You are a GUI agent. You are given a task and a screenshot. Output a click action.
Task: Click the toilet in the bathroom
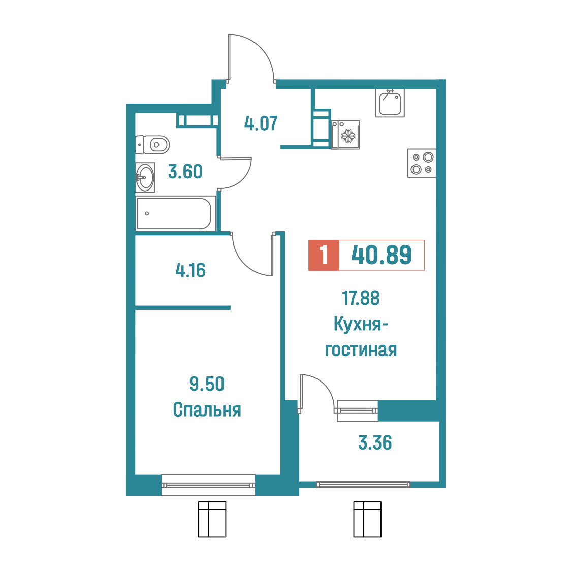tap(152, 145)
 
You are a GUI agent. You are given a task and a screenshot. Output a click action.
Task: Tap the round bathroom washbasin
tap(145, 177)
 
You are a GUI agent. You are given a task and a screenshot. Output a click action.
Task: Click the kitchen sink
tap(390, 103)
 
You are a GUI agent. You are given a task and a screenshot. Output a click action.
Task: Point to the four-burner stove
tap(422, 163)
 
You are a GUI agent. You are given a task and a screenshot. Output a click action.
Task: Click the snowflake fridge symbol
tap(348, 136)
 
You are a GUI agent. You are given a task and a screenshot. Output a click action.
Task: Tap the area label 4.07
tap(261, 123)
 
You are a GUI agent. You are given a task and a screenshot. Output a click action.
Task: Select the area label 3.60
tap(185, 172)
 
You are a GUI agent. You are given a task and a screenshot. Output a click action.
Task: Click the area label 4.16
tap(191, 271)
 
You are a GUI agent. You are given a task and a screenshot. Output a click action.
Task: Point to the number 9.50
tap(207, 384)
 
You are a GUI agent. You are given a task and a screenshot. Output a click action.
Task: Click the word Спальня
tap(207, 410)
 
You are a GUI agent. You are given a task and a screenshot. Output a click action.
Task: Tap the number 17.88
tap(361, 298)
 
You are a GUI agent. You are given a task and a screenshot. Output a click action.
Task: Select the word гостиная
tap(361, 350)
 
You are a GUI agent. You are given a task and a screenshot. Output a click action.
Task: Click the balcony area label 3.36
tap(375, 443)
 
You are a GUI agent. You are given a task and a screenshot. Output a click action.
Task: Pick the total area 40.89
tap(382, 255)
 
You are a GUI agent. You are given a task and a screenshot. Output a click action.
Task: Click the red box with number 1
tap(324, 255)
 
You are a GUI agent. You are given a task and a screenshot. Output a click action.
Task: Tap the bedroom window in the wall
tap(208, 485)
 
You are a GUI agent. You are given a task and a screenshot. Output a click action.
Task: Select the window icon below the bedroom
tap(212, 519)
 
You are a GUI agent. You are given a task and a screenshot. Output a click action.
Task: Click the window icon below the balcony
tap(367, 519)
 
